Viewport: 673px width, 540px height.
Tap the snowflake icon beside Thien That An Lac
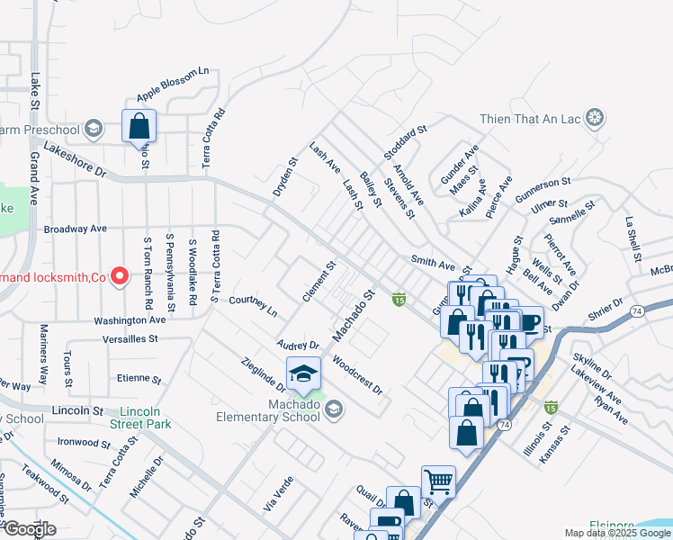click(594, 117)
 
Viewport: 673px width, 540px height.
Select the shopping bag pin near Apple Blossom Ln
click(139, 127)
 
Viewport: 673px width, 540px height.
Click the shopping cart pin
click(438, 481)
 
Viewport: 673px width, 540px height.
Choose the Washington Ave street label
click(131, 319)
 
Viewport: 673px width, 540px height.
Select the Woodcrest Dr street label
click(357, 375)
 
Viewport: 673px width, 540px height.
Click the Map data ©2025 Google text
click(616, 533)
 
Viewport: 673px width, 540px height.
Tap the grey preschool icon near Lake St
click(93, 129)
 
